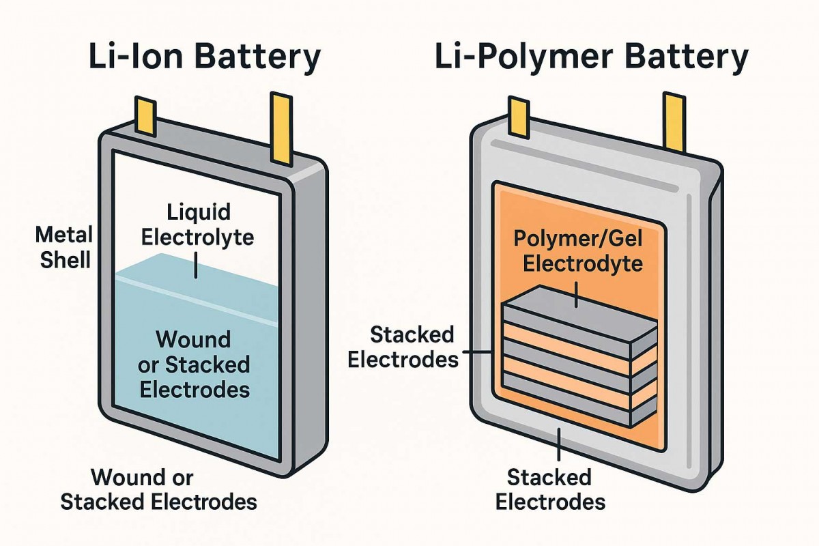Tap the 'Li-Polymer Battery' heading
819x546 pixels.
[x=591, y=59]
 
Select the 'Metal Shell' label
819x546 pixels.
[x=63, y=247]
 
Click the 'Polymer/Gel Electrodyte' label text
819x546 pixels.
[x=578, y=251]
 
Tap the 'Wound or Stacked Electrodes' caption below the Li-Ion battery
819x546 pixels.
[x=158, y=489]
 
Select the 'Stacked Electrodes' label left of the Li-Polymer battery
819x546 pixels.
[x=403, y=346]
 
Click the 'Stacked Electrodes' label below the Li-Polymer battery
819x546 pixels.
[x=550, y=489]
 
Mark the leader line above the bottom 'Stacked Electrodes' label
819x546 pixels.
[x=560, y=447]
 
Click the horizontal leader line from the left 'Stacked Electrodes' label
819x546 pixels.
[x=480, y=353]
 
